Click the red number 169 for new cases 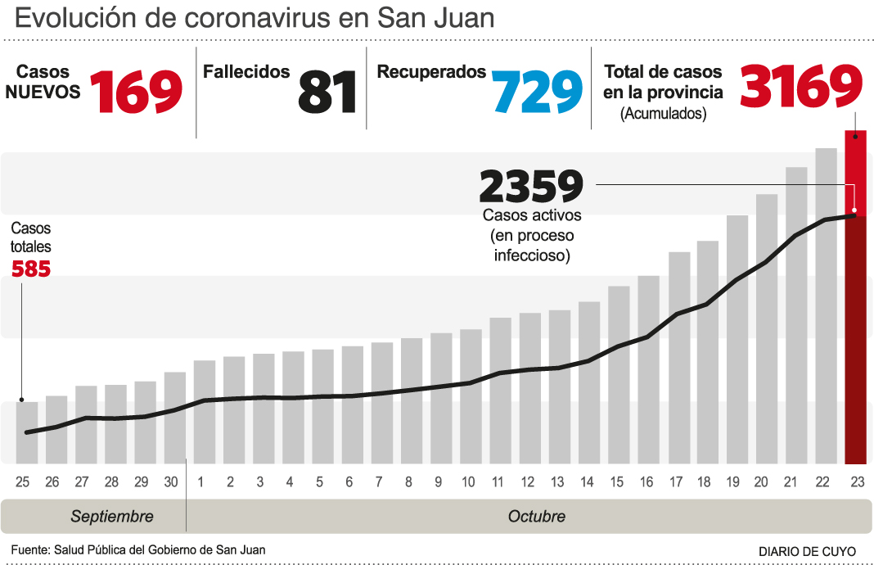(136, 91)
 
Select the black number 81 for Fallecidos (327, 91)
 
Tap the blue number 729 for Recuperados (537, 91)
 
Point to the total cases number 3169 (801, 86)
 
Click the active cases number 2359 (531, 187)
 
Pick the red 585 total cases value (31, 268)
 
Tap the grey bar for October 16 (648, 368)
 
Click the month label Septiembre (112, 517)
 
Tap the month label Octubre (537, 517)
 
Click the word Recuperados (431, 72)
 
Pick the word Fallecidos (246, 72)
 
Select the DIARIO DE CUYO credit (807, 552)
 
